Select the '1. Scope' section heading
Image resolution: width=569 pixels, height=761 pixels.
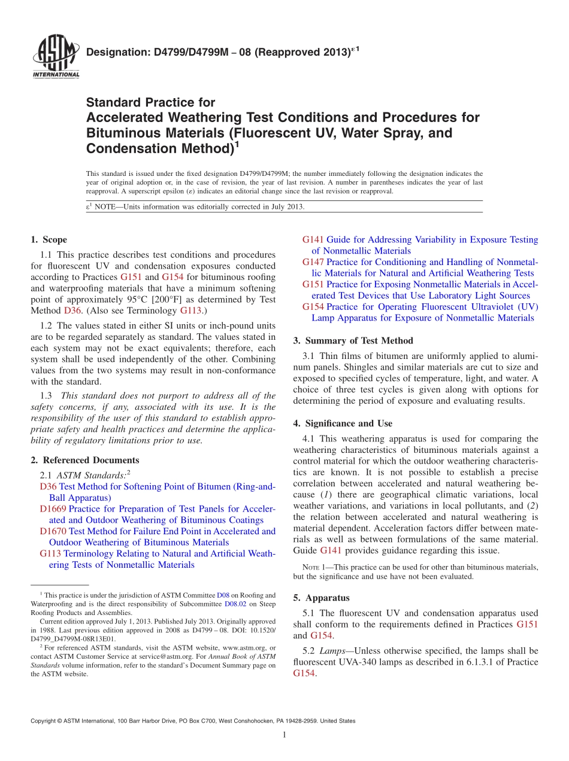(49, 240)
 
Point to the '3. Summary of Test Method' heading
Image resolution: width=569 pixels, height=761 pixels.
(353, 340)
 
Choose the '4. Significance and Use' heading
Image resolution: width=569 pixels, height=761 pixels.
(343, 423)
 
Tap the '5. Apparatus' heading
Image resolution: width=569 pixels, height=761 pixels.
(321, 598)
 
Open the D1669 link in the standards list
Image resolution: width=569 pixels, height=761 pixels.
(53, 509)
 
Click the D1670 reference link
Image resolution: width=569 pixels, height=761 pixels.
(53, 531)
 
